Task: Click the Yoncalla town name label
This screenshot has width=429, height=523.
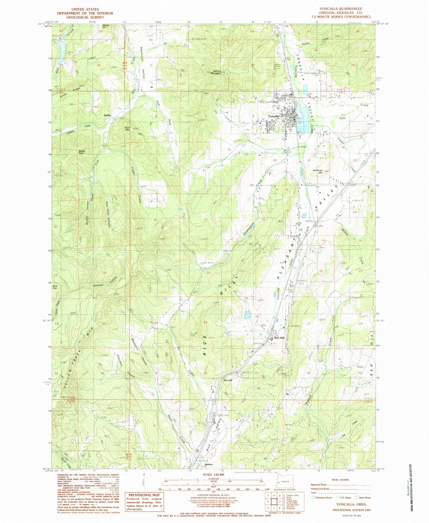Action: click(x=274, y=116)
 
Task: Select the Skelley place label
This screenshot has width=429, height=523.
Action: click(x=107, y=115)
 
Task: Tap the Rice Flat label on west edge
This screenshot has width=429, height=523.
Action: click(x=55, y=287)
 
